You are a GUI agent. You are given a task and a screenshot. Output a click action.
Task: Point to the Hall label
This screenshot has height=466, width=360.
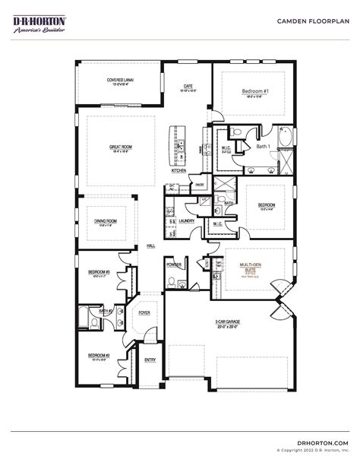(151, 246)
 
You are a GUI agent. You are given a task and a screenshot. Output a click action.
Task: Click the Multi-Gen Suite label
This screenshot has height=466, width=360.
(251, 267)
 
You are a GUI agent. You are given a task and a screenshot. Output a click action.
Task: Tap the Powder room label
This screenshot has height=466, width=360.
(174, 265)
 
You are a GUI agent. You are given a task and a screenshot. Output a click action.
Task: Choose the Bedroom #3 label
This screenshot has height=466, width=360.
(99, 271)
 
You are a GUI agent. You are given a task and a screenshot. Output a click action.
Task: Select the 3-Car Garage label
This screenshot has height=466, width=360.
(227, 322)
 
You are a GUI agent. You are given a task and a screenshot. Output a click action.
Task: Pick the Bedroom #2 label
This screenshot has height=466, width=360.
(98, 355)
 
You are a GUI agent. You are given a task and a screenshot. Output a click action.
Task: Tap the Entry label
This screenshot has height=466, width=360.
(150, 360)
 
